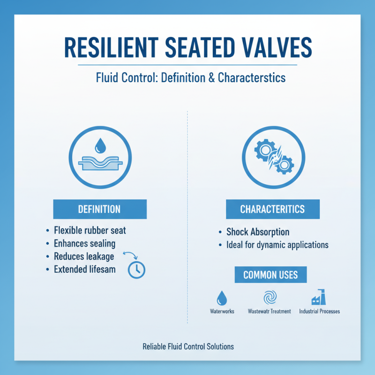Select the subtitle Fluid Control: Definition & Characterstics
point(187,77)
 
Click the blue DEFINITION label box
point(100,209)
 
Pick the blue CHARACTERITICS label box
point(272,209)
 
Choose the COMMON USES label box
point(270,274)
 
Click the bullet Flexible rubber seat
point(90,231)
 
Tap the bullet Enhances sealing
point(84,243)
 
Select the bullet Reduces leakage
point(84,256)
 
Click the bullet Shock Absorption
point(257,232)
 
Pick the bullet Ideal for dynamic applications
point(277,245)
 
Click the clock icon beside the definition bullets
point(137,269)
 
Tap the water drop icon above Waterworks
point(222,298)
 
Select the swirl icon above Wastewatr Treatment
point(270,298)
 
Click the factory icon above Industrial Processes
point(319,298)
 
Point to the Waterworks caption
point(222,311)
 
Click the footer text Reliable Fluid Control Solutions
point(188,347)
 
